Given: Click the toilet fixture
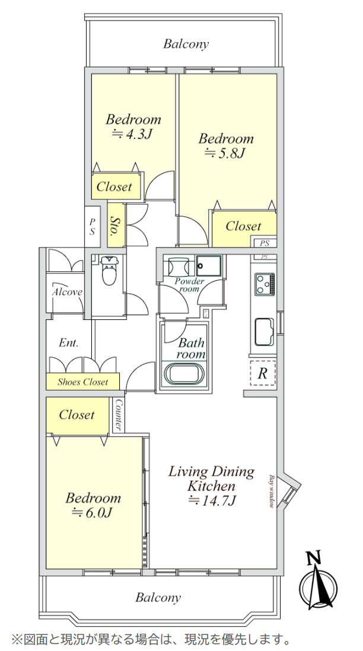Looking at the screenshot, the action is point(109,270).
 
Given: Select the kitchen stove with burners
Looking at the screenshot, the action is point(264,284).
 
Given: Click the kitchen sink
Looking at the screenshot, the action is point(263,332).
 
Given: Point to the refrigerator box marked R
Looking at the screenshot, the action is point(262,373).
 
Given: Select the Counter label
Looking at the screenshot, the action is point(119,415).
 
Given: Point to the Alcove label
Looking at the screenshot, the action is point(67,292).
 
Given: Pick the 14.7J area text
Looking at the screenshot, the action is point(212,501).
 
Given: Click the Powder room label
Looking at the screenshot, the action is point(190,285).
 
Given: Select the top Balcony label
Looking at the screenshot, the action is point(186,44).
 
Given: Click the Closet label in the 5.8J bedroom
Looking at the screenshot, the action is point(243,226).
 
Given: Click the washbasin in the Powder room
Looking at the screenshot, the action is point(179,266).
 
